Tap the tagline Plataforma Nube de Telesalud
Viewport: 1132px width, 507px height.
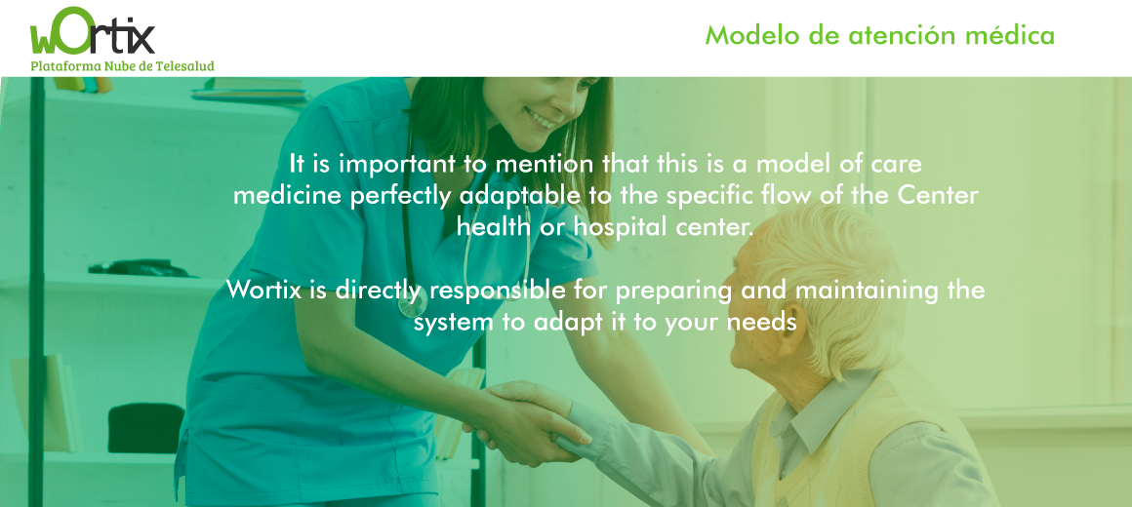click(x=123, y=65)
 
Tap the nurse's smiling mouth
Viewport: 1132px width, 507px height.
click(x=541, y=118)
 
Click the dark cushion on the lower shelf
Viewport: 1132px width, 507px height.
click(x=145, y=428)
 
